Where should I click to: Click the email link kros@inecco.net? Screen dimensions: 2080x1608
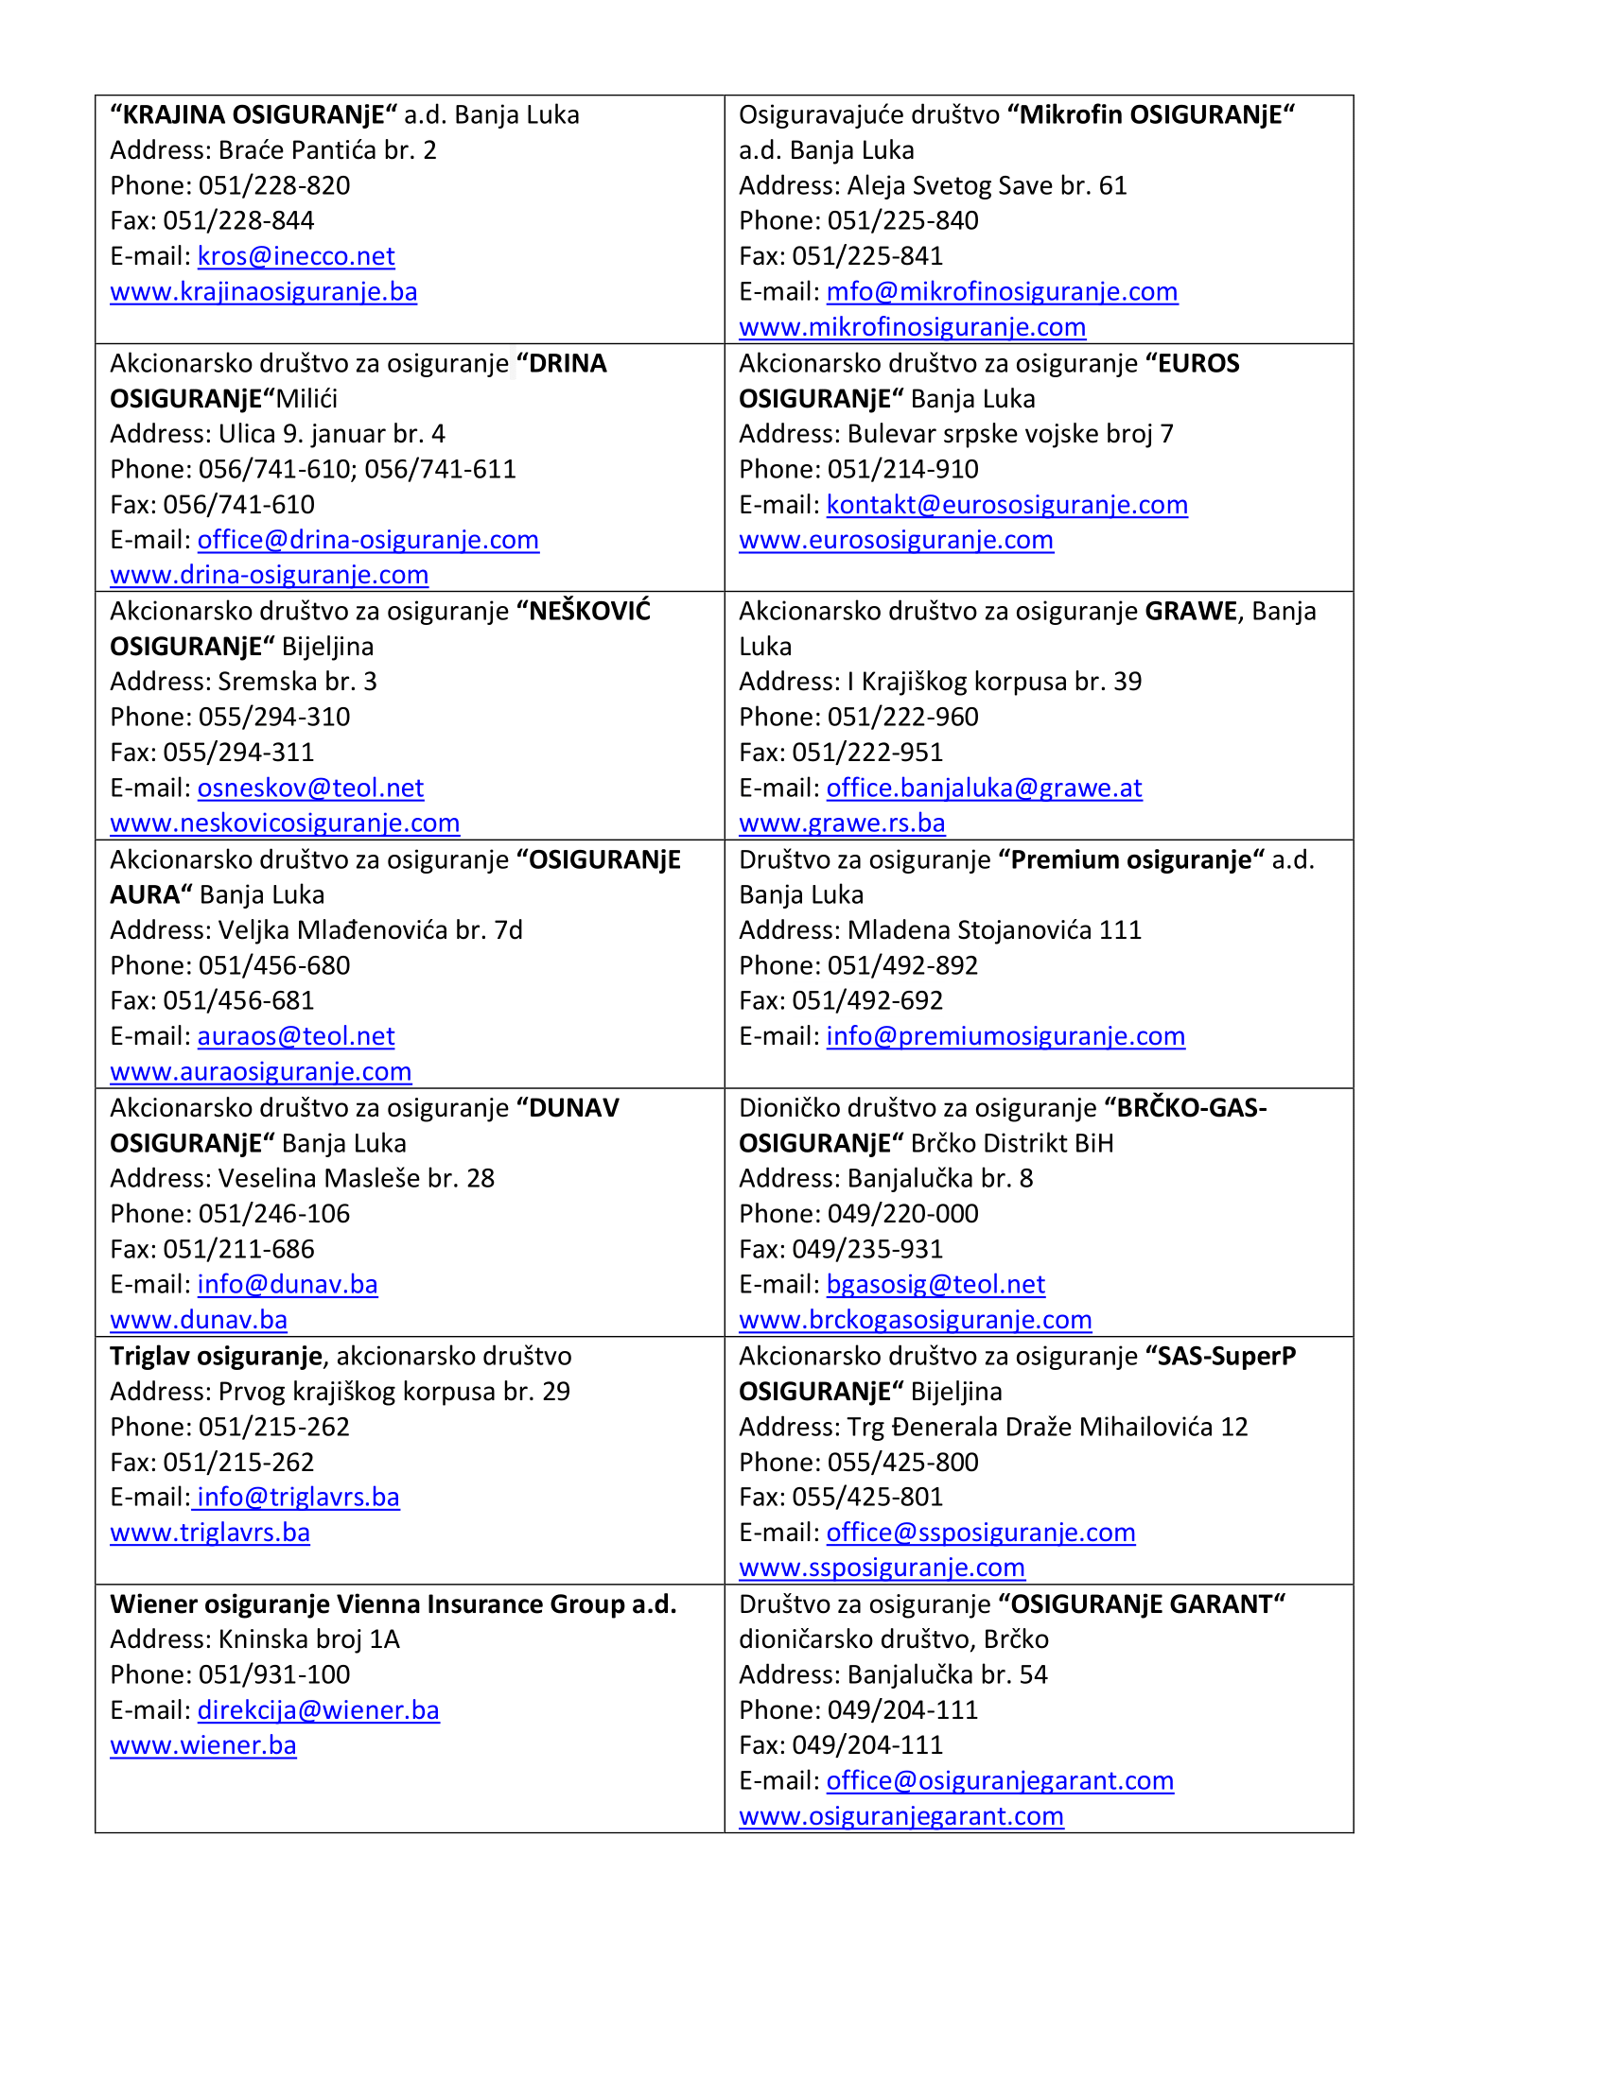tap(295, 256)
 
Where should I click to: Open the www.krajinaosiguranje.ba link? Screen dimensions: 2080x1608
tap(263, 291)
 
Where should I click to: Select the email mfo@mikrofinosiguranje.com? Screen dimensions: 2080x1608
tap(1001, 291)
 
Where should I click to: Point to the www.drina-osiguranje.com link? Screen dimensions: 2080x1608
tap(269, 575)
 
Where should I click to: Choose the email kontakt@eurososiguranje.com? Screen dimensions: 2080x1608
tap(1007, 505)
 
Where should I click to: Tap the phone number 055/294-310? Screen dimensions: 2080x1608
tap(274, 718)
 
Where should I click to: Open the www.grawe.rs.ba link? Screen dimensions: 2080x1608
tap(842, 823)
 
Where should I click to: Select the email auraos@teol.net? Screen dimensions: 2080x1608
tap(295, 1036)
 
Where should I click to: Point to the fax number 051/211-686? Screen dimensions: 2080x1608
tap(238, 1250)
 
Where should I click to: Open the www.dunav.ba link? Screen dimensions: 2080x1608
tap(198, 1320)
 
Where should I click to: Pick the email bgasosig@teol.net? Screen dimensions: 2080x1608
tap(935, 1285)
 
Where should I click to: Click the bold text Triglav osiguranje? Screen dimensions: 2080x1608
tap(217, 1356)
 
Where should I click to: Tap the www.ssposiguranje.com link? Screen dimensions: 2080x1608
tap(882, 1568)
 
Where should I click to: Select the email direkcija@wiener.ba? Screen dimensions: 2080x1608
tap(318, 1710)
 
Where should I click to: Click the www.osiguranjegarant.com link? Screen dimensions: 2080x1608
tap(900, 1816)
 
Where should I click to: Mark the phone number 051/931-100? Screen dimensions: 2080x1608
tap(274, 1674)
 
